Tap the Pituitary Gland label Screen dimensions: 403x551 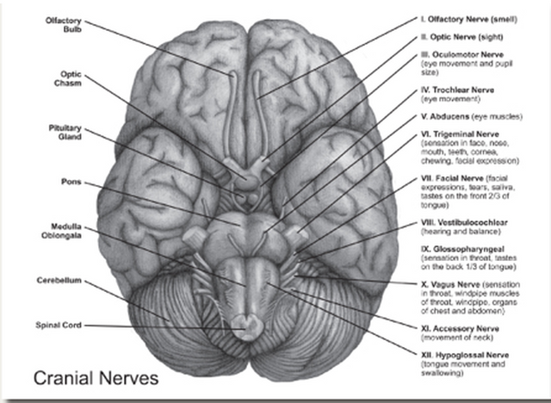tap(65, 133)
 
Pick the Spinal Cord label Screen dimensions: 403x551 tap(59, 325)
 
